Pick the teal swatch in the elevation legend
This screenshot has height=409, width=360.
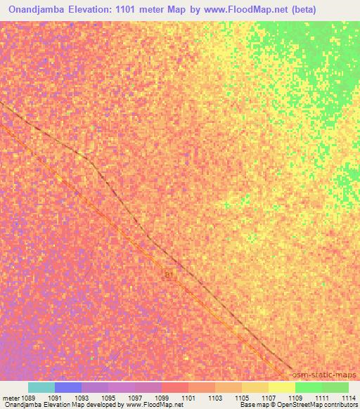pos(41,387)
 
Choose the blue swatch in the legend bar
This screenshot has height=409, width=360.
pos(68,387)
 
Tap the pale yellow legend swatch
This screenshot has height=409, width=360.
pos(282,387)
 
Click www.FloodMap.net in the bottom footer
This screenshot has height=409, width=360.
pos(150,405)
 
